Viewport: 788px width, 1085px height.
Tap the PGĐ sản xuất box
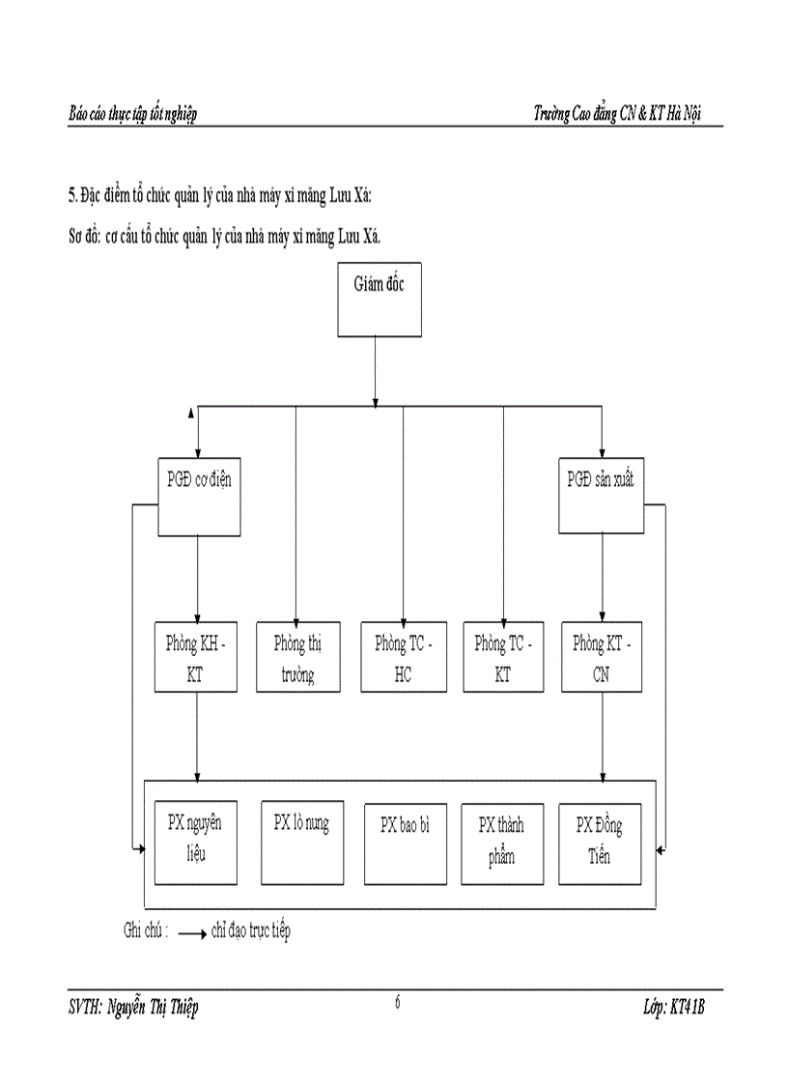[601, 496]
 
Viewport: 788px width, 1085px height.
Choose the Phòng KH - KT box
[197, 658]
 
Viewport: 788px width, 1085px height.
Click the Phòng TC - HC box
[404, 658]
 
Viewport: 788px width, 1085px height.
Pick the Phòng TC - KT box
[503, 658]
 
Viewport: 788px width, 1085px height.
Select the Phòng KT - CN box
[602, 658]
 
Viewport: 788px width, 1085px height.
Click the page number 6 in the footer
[398, 1002]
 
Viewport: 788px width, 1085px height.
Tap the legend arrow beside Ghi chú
[192, 934]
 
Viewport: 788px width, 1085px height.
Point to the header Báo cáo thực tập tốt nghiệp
[132, 114]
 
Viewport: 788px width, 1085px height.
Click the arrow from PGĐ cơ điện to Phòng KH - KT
[198, 580]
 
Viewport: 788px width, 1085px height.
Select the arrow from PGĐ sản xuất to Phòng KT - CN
[603, 580]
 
